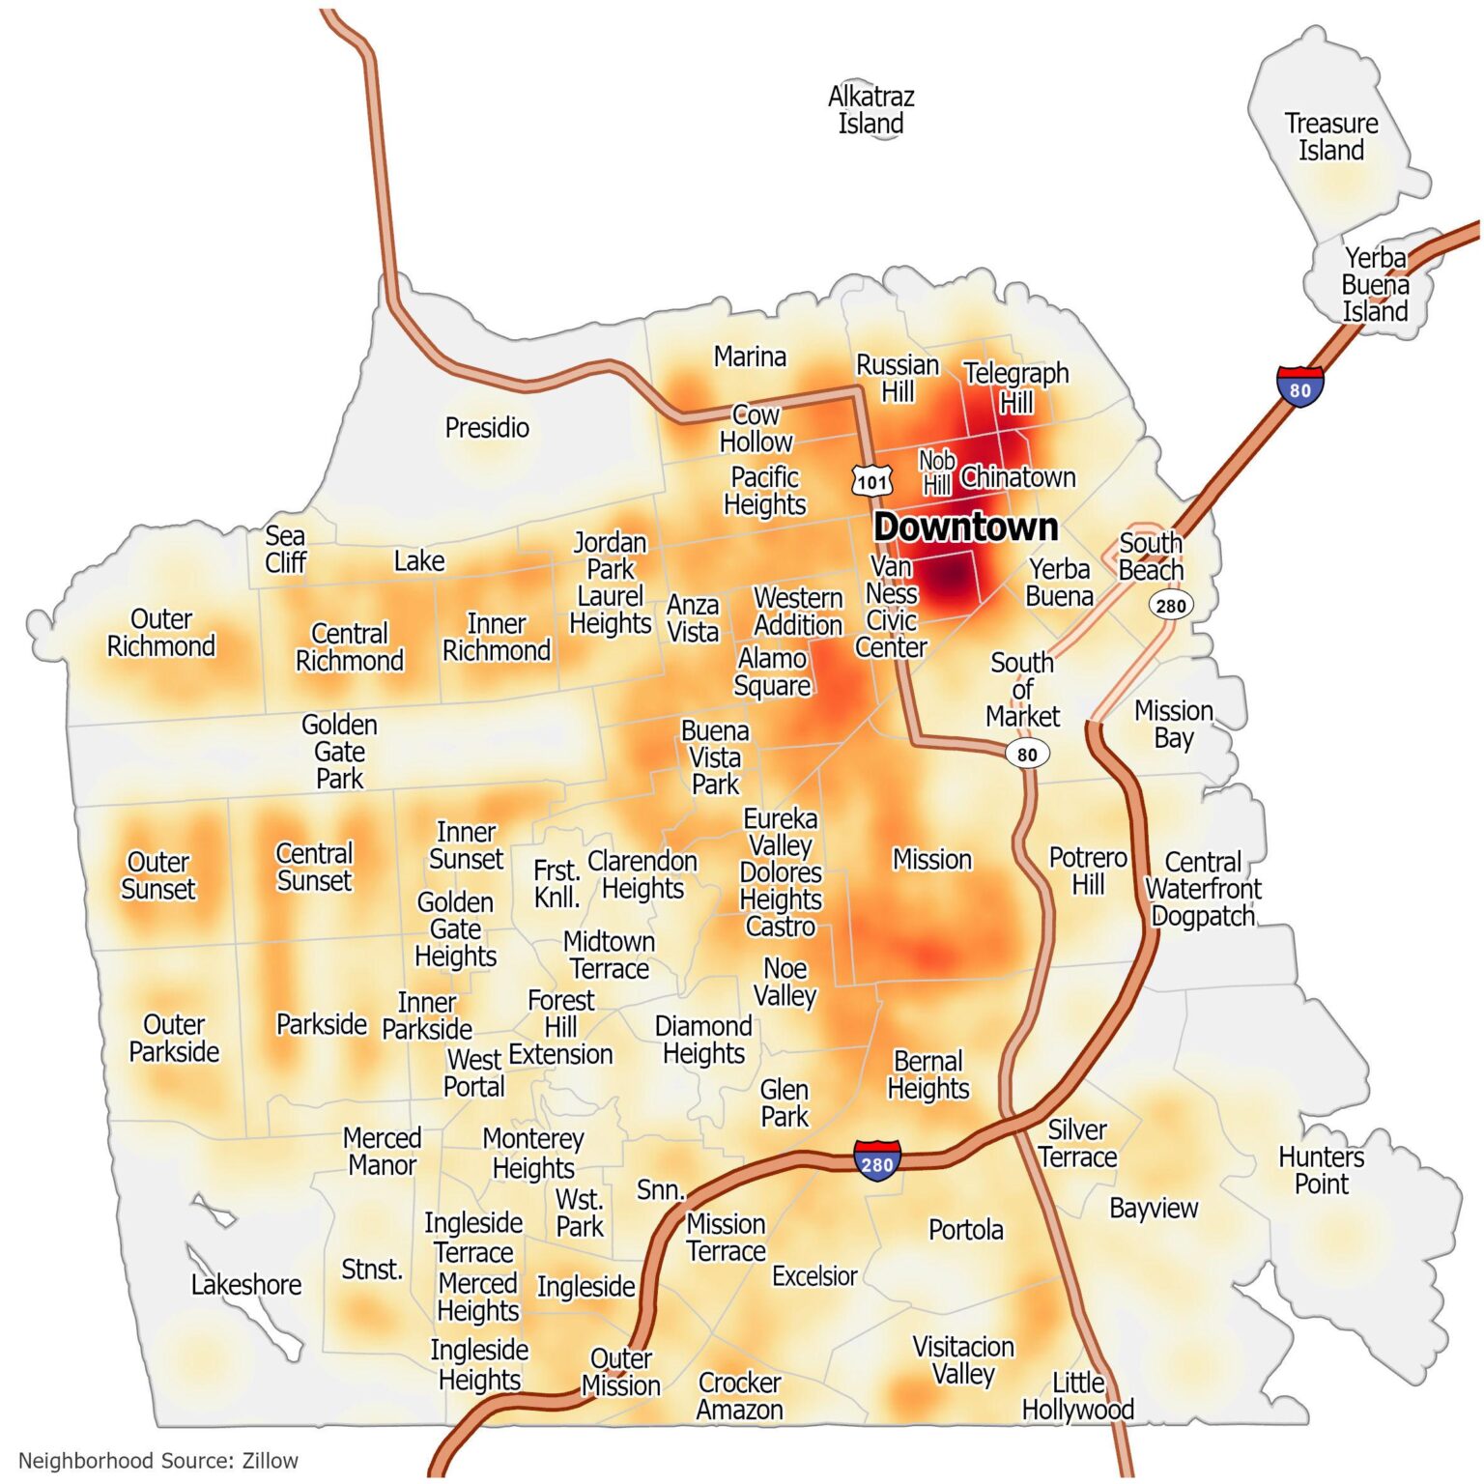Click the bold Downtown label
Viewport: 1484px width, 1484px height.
tap(965, 528)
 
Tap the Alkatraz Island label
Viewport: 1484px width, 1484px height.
tap(870, 110)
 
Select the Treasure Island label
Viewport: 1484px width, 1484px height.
tap(1330, 137)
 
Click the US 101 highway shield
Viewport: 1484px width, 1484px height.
tap(871, 481)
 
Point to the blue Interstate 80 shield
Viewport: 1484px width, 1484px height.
tap(1299, 387)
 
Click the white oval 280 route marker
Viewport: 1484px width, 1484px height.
tap(1170, 606)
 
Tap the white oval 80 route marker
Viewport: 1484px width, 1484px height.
tap(1027, 755)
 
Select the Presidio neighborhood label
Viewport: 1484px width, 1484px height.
tap(487, 427)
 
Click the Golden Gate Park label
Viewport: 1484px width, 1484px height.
tap(339, 752)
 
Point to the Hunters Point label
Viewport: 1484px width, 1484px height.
tap(1321, 1170)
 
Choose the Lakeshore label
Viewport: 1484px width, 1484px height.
tap(246, 1285)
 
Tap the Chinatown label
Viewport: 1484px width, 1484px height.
tap(1017, 477)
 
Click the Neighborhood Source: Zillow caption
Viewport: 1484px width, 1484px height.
tap(158, 1461)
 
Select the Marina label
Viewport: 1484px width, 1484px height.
tap(750, 357)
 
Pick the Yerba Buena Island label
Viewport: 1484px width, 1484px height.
tap(1375, 285)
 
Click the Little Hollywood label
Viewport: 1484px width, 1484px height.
tap(1078, 1396)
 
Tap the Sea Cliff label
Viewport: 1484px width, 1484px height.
tap(285, 549)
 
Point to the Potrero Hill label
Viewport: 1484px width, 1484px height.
tap(1088, 870)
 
